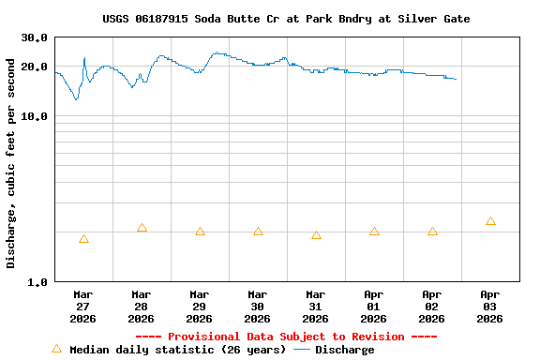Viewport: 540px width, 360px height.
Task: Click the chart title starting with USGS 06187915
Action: click(286, 19)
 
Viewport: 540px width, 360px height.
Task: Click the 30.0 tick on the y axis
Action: click(35, 37)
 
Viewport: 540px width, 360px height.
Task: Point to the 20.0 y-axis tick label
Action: click(35, 67)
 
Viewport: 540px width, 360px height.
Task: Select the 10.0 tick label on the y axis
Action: click(35, 116)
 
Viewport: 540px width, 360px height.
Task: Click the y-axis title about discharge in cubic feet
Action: click(11, 163)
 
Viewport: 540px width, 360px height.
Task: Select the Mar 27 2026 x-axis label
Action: click(83, 306)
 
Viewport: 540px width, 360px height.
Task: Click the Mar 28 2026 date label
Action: click(142, 306)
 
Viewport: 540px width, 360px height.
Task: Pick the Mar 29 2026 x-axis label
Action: click(200, 306)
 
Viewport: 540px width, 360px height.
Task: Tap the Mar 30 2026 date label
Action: click(258, 306)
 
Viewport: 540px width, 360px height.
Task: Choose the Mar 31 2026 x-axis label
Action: click(316, 306)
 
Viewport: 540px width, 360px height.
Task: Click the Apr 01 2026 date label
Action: click(374, 306)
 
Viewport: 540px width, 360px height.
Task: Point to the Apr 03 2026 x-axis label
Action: click(490, 306)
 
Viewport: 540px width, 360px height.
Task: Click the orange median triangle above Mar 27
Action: click(83, 240)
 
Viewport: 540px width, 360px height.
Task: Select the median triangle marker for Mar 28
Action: click(142, 229)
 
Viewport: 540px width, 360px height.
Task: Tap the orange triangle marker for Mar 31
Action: click(316, 236)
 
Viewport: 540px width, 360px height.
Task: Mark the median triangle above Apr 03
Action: click(490, 221)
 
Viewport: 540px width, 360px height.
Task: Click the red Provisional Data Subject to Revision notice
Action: click(286, 337)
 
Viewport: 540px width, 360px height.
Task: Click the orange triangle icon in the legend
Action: click(56, 349)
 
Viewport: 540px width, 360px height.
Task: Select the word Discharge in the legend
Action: click(344, 350)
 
